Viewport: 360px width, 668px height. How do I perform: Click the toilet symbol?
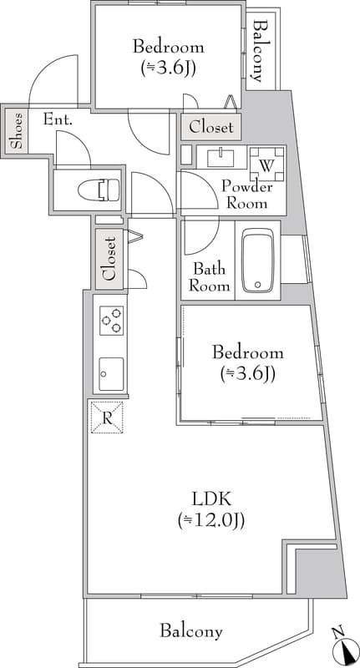[x=107, y=190]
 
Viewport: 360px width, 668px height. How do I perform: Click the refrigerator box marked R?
[x=107, y=417]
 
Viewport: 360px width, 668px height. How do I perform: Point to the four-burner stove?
[x=110, y=321]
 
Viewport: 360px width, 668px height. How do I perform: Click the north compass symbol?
[x=341, y=645]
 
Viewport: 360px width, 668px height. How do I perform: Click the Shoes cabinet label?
[x=17, y=130]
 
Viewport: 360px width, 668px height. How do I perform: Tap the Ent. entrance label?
[x=58, y=119]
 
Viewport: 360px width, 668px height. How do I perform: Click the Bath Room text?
[x=209, y=277]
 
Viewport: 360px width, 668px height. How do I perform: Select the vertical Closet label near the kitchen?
[x=109, y=258]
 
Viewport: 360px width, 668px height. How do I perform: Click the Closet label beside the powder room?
[x=211, y=128]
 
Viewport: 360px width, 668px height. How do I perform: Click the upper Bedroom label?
[x=169, y=47]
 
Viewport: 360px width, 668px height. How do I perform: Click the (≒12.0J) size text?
[x=210, y=521]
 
